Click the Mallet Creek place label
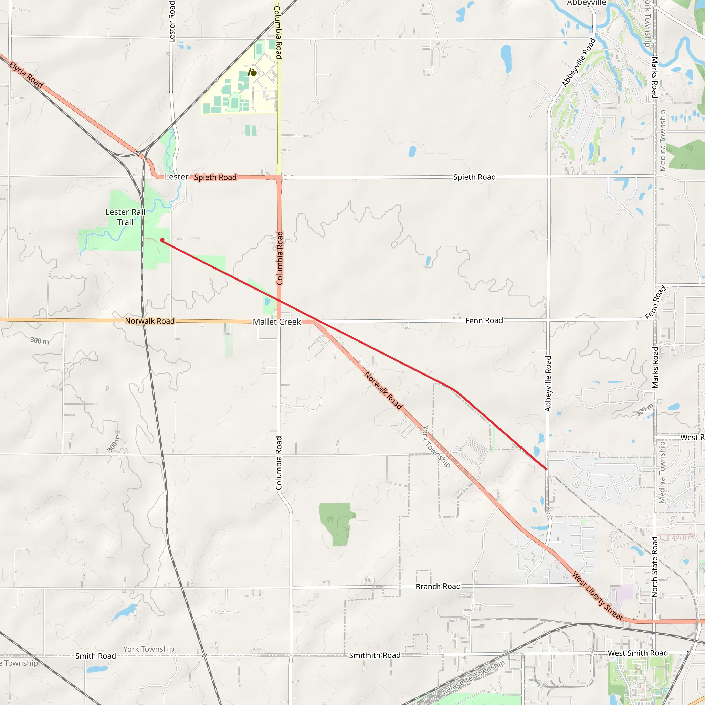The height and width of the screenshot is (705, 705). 277,322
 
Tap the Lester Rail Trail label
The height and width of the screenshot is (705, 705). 125,217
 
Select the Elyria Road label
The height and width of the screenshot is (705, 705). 26,75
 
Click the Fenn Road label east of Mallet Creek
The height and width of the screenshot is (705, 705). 484,320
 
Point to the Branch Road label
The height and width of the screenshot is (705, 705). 438,586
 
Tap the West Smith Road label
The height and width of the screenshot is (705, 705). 638,653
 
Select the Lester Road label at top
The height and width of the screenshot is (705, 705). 172,22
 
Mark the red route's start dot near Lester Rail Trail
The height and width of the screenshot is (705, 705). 162,240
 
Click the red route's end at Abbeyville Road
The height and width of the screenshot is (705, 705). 546,469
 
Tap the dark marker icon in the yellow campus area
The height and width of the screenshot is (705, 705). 253,72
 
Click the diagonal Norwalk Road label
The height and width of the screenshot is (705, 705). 383,390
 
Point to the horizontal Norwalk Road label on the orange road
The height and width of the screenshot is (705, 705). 150,321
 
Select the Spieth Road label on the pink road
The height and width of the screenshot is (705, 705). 215,177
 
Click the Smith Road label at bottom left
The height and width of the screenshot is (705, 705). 96,656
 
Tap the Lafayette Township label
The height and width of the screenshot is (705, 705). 473,677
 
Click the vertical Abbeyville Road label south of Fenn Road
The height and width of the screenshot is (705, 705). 548,383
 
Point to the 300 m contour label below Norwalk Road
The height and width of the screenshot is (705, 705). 39,341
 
